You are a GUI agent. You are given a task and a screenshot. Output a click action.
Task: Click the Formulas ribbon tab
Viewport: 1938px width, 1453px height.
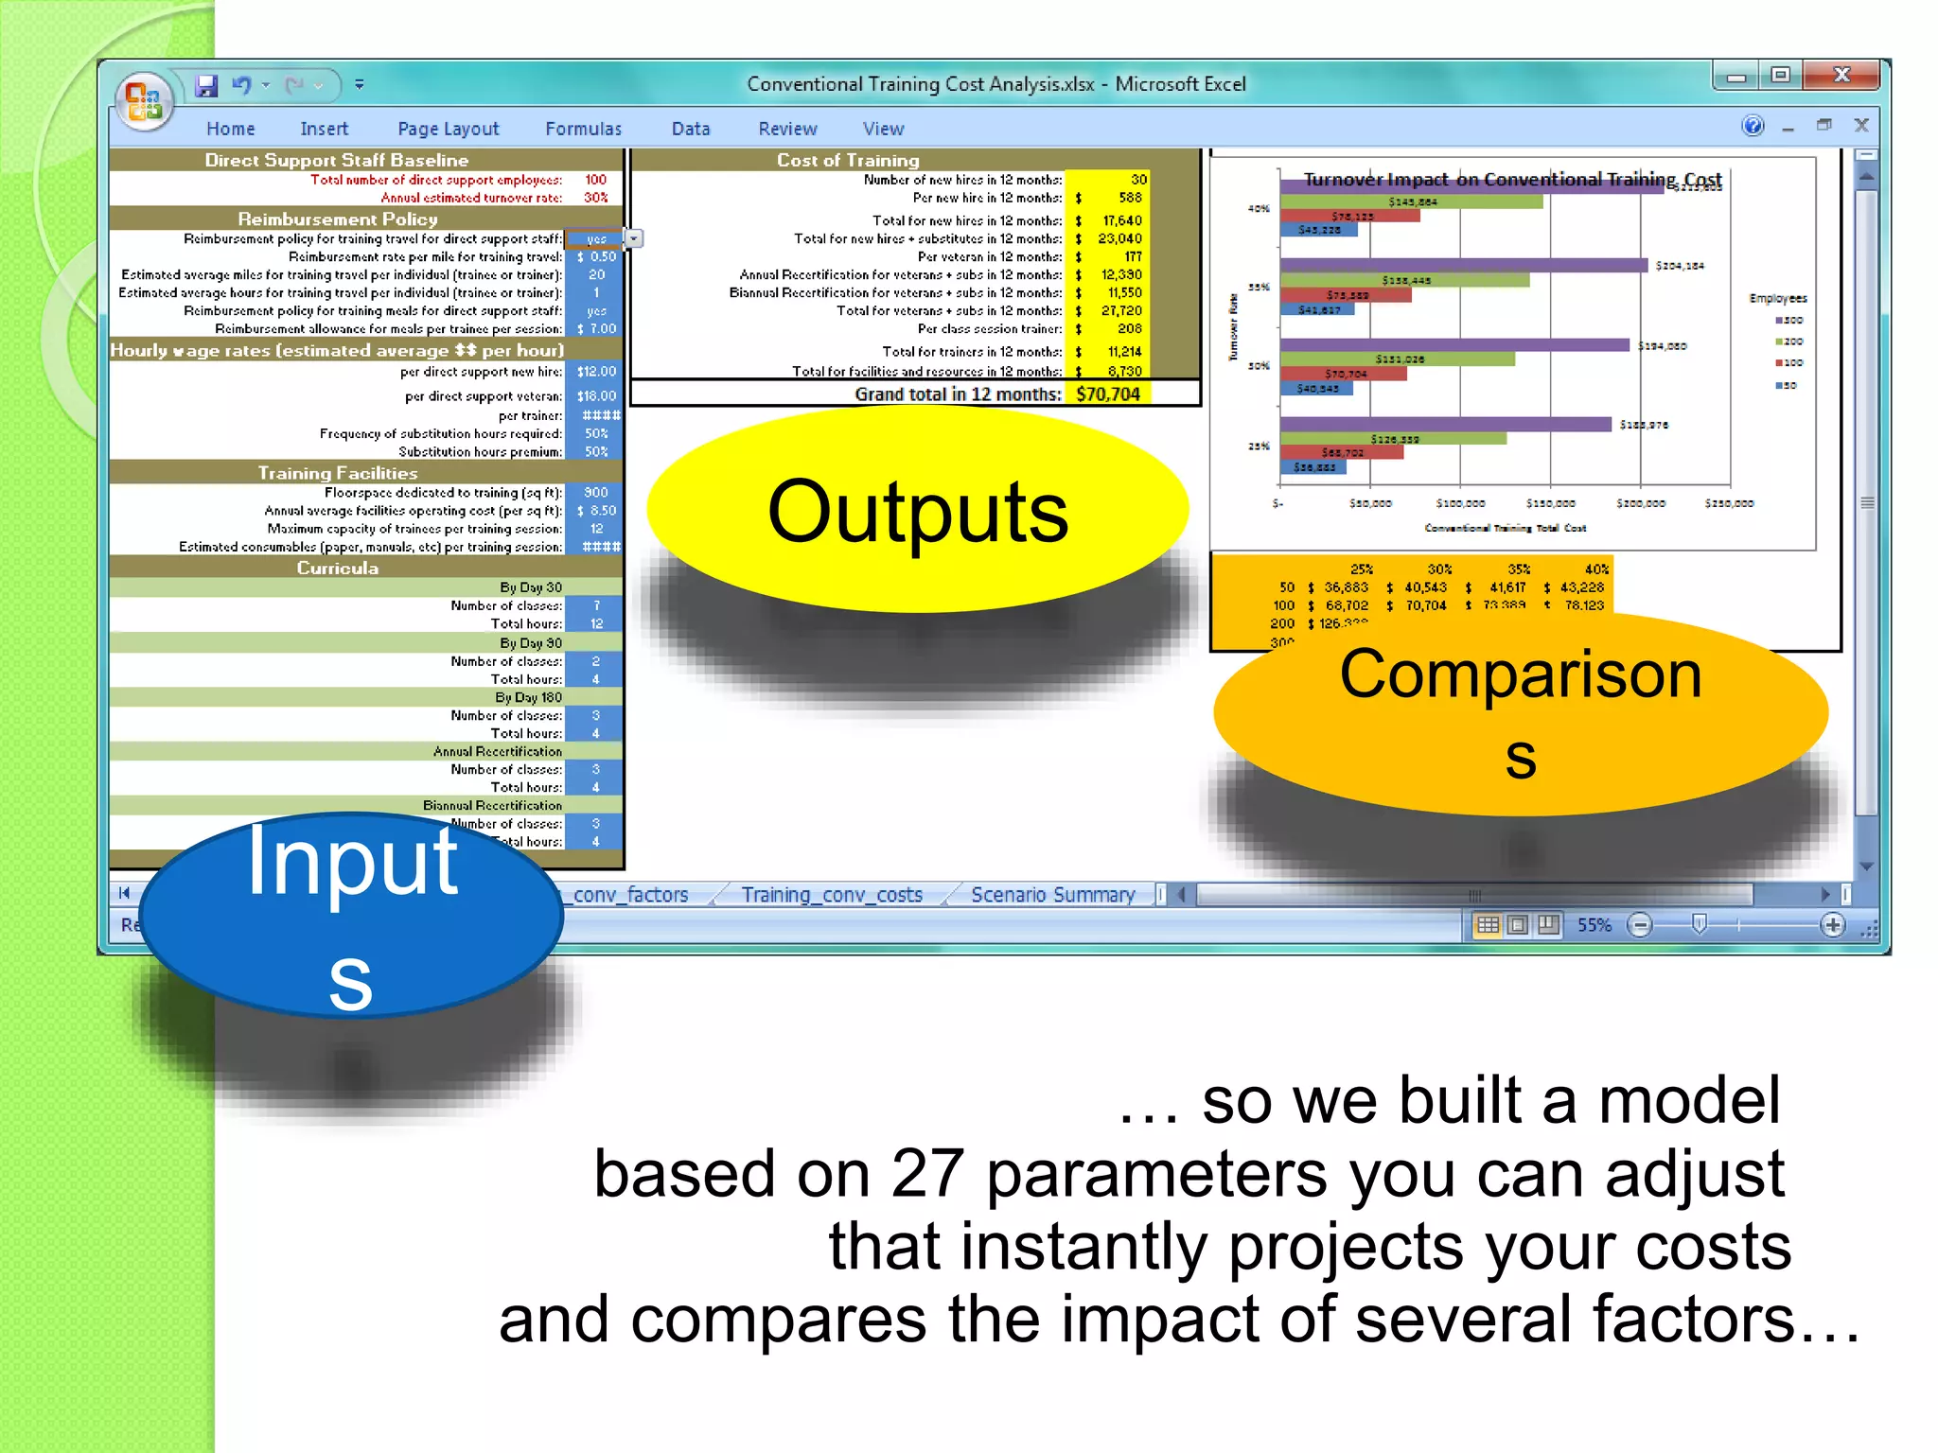[583, 129]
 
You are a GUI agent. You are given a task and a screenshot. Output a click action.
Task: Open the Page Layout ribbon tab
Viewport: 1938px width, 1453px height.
[448, 129]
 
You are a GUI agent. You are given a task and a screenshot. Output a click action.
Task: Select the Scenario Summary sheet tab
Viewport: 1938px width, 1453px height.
[1052, 895]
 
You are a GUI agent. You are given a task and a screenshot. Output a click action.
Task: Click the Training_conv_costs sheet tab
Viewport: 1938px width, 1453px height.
[831, 895]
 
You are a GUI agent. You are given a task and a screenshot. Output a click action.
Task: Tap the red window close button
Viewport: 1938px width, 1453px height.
[1841, 75]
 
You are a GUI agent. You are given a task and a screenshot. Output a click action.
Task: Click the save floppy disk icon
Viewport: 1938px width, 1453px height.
[206, 85]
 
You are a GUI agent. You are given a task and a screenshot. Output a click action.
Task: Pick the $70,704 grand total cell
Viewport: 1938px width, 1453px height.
[1107, 394]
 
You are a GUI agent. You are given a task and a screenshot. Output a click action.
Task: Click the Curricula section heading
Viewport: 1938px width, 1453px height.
[337, 569]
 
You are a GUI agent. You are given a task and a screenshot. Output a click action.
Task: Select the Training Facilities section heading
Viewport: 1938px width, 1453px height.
[337, 473]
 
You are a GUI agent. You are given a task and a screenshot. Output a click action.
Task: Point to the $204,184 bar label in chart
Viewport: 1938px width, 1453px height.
[1680, 266]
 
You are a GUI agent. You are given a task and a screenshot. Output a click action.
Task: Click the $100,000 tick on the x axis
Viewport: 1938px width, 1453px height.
[1460, 504]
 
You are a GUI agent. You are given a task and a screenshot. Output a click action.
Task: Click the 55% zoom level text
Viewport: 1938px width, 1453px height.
[1594, 925]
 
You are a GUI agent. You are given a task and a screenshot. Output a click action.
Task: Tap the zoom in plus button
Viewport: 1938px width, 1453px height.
[1832, 925]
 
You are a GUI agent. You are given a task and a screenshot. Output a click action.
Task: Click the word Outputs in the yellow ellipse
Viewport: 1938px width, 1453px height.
[917, 512]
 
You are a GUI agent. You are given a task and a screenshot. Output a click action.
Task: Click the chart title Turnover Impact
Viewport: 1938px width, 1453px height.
[1511, 179]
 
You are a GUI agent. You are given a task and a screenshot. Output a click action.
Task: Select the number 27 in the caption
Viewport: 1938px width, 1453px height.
[926, 1174]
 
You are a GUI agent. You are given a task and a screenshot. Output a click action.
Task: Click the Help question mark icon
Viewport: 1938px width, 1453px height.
[1753, 126]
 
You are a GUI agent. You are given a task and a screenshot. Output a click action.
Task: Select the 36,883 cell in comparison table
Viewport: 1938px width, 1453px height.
[1346, 587]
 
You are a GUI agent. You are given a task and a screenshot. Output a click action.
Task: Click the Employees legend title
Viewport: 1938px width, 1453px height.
[1777, 298]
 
